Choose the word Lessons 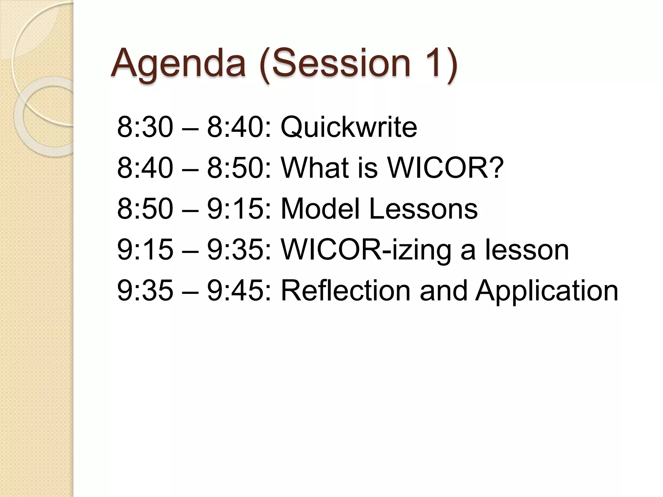423,208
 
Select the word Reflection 345,290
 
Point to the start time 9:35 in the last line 145,290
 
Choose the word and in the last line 443,290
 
